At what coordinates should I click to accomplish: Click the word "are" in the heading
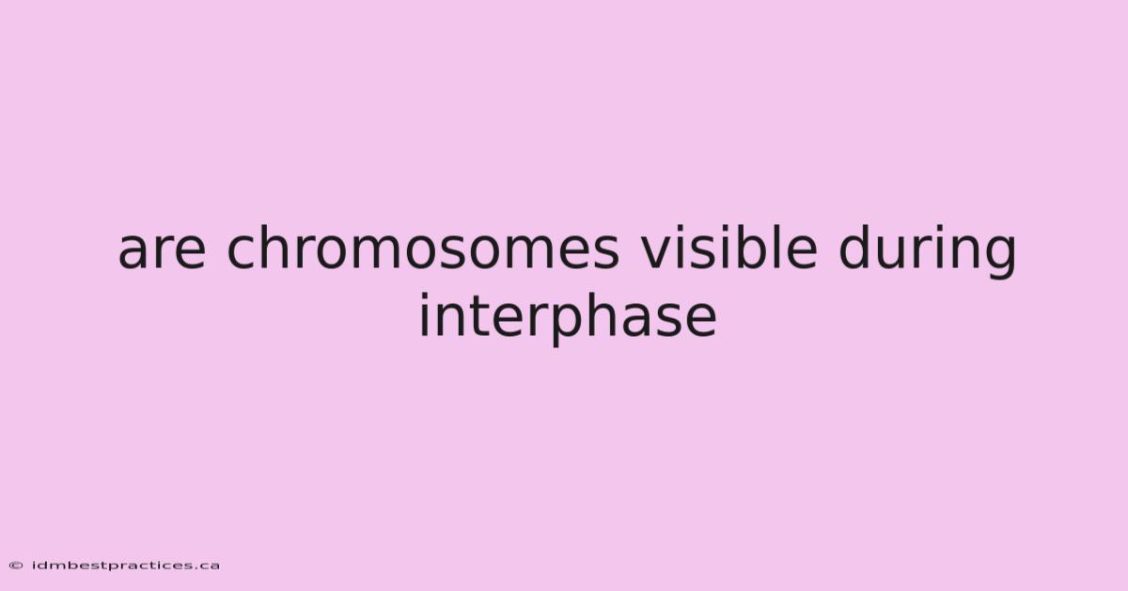(162, 250)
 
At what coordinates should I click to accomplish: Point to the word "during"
(928, 249)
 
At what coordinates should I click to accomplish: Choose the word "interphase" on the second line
(568, 317)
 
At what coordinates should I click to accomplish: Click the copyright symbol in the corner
(16, 566)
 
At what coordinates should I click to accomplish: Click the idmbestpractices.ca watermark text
(126, 566)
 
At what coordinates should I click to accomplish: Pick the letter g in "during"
(998, 256)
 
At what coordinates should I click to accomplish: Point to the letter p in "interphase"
(570, 325)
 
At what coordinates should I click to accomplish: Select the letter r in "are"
(168, 250)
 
